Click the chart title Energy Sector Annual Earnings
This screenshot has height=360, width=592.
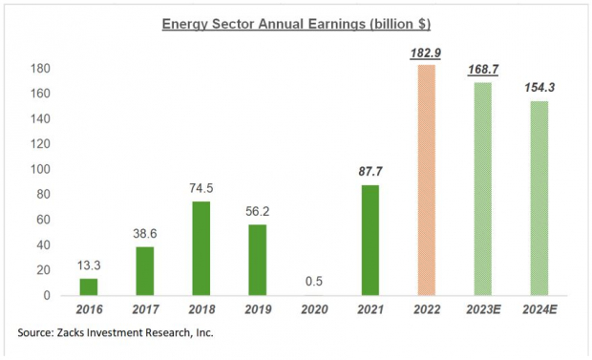[296, 23]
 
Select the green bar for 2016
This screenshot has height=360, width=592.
[88, 286]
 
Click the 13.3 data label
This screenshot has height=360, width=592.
[88, 264]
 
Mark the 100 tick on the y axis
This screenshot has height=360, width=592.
[38, 169]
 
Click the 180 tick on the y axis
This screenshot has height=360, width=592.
[38, 69]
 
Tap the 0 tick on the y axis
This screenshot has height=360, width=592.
[44, 295]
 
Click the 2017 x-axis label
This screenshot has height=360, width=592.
[143, 311]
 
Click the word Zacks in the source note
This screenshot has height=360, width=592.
[82, 332]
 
